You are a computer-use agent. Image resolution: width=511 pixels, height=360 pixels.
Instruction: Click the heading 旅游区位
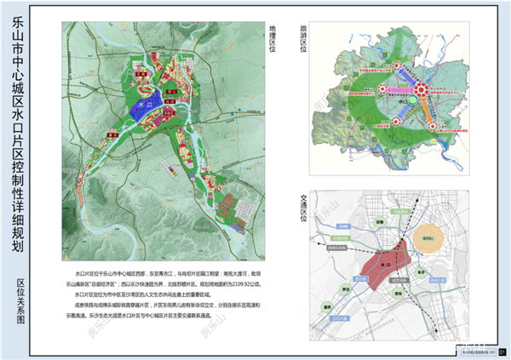pos(301,39)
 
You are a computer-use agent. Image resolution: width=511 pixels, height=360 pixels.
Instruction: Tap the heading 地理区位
pos(273,39)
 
